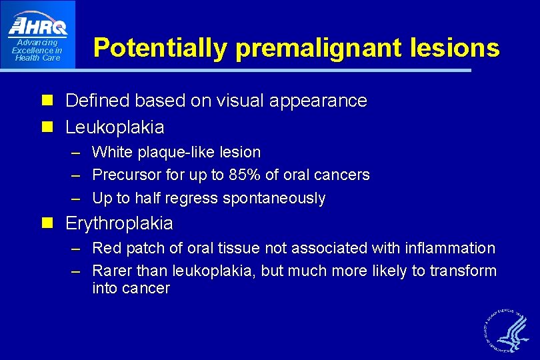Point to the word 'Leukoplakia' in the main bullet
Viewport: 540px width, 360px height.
click(x=115, y=127)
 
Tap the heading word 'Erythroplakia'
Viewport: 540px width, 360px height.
click(x=119, y=223)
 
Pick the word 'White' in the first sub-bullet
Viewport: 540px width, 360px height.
click(x=113, y=153)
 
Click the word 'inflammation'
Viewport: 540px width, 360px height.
click(x=450, y=249)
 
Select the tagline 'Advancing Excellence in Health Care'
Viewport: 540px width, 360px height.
click(x=37, y=51)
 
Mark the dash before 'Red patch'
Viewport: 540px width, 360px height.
click(x=76, y=249)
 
